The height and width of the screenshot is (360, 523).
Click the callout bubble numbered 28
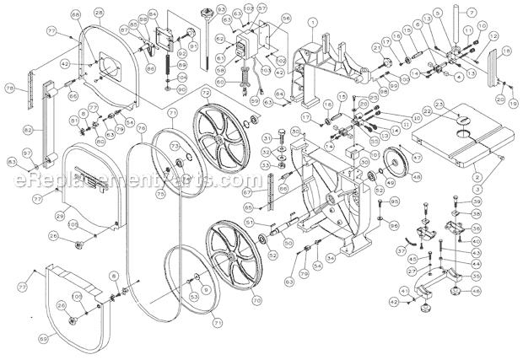pyautogui.click(x=100, y=11)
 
